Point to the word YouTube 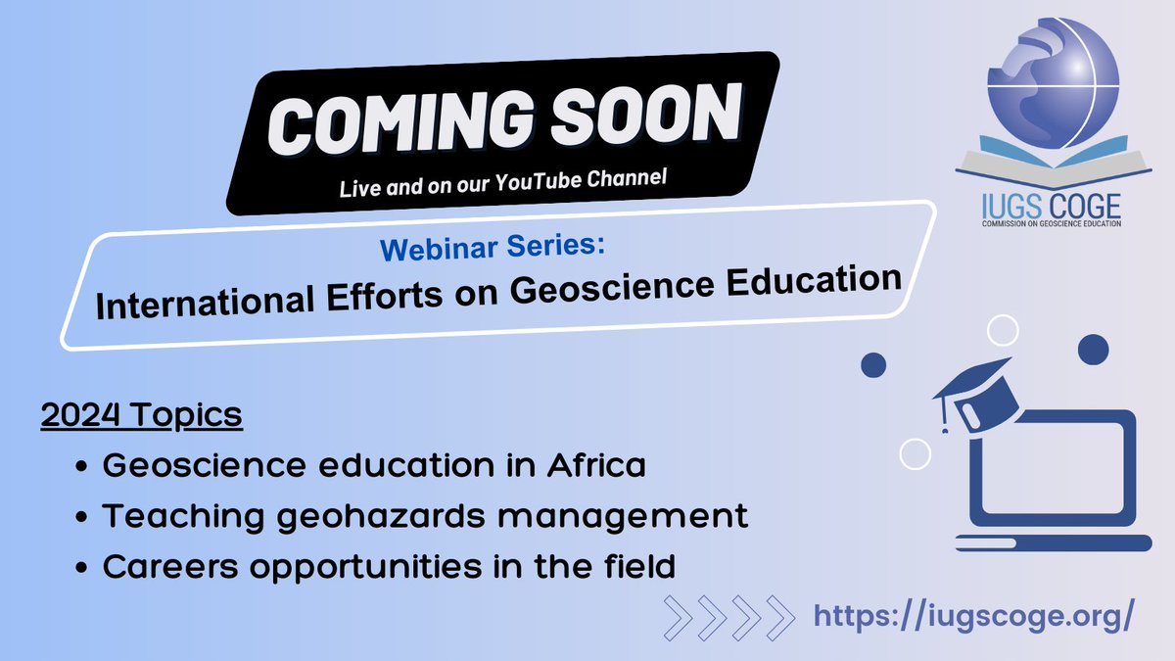coord(547,178)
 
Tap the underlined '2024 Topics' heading coord(141,415)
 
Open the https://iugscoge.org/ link coord(974,616)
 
